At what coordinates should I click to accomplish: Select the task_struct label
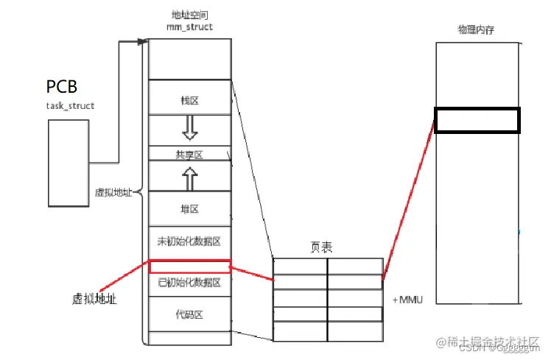(70, 106)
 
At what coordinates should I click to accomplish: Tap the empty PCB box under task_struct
(69, 162)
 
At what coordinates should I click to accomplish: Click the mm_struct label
(189, 27)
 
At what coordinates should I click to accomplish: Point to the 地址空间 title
(189, 15)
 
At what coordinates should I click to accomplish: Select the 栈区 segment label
(189, 101)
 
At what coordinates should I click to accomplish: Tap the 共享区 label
(189, 155)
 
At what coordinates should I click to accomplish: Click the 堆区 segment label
(189, 209)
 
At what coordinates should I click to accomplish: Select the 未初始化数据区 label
(189, 241)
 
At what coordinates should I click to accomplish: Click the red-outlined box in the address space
(189, 266)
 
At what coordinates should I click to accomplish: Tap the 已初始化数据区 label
(189, 283)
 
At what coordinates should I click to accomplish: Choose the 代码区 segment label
(189, 314)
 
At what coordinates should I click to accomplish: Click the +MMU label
(407, 300)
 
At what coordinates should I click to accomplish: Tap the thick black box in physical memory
(477, 120)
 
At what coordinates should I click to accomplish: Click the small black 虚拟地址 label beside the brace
(113, 192)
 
